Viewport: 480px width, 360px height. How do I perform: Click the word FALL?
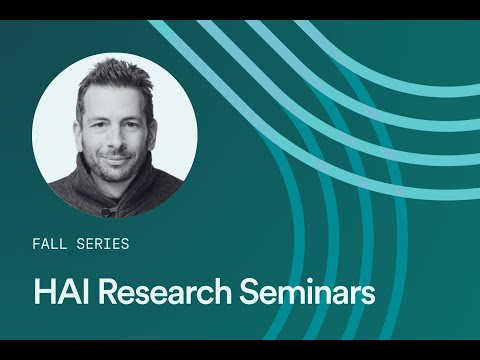[50, 243]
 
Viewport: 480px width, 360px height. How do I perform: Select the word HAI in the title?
[61, 294]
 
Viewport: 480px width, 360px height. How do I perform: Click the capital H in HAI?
[42, 294]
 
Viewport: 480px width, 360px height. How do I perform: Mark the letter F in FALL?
[37, 243]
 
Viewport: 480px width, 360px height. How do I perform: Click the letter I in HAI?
[85, 294]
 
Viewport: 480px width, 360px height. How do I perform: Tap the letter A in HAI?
[67, 294]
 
